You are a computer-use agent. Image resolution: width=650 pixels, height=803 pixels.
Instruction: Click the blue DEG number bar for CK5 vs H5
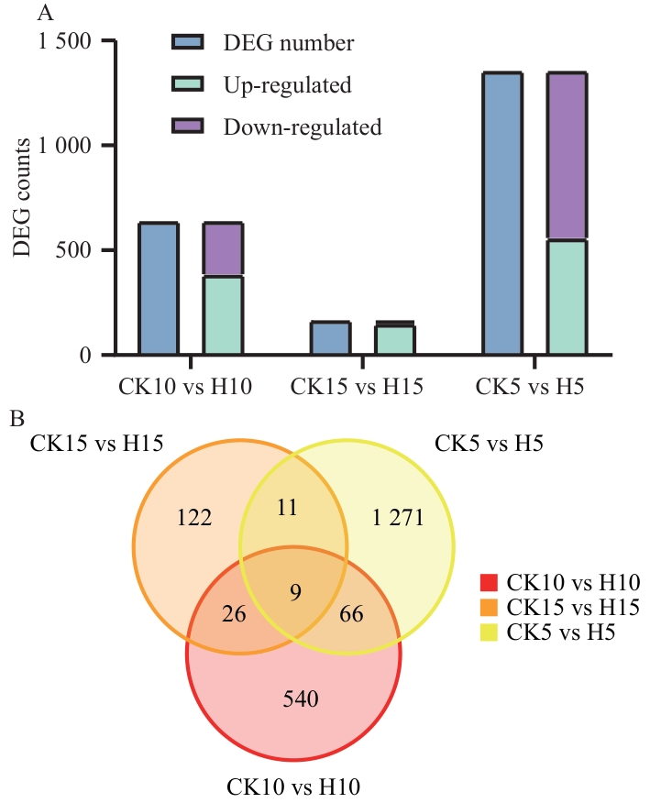pos(502,213)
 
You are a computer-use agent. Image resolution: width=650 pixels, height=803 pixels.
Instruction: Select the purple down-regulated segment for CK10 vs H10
pos(223,249)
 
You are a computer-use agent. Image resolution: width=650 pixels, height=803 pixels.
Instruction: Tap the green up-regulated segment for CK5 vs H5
pos(567,297)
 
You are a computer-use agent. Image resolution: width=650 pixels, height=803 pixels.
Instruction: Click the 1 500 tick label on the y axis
pos(64,42)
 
